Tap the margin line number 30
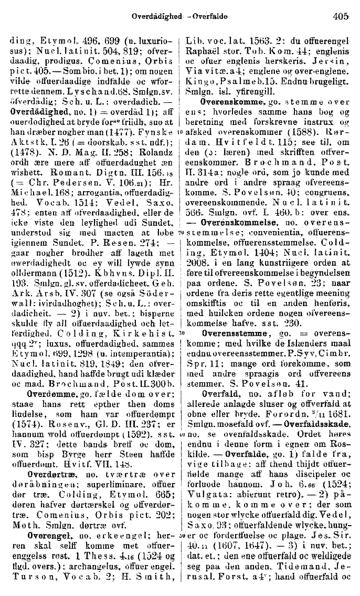(x=181, y=319)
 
